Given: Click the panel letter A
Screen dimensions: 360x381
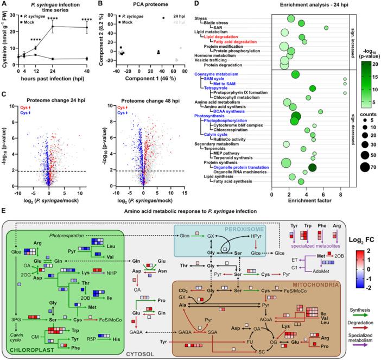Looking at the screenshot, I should pos(5,4).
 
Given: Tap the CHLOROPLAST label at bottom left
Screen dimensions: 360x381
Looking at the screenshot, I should pos(27,340).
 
